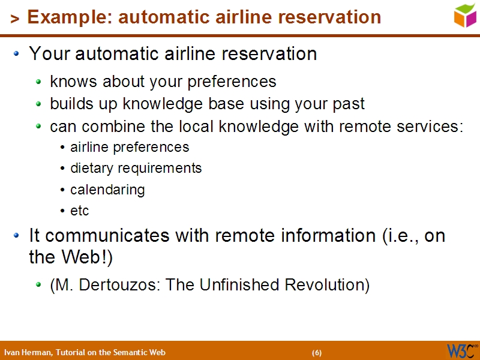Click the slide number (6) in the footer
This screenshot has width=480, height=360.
(317, 352)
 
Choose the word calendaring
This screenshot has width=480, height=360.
(107, 190)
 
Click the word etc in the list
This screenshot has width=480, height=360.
(79, 211)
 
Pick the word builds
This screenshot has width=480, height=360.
(69, 104)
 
